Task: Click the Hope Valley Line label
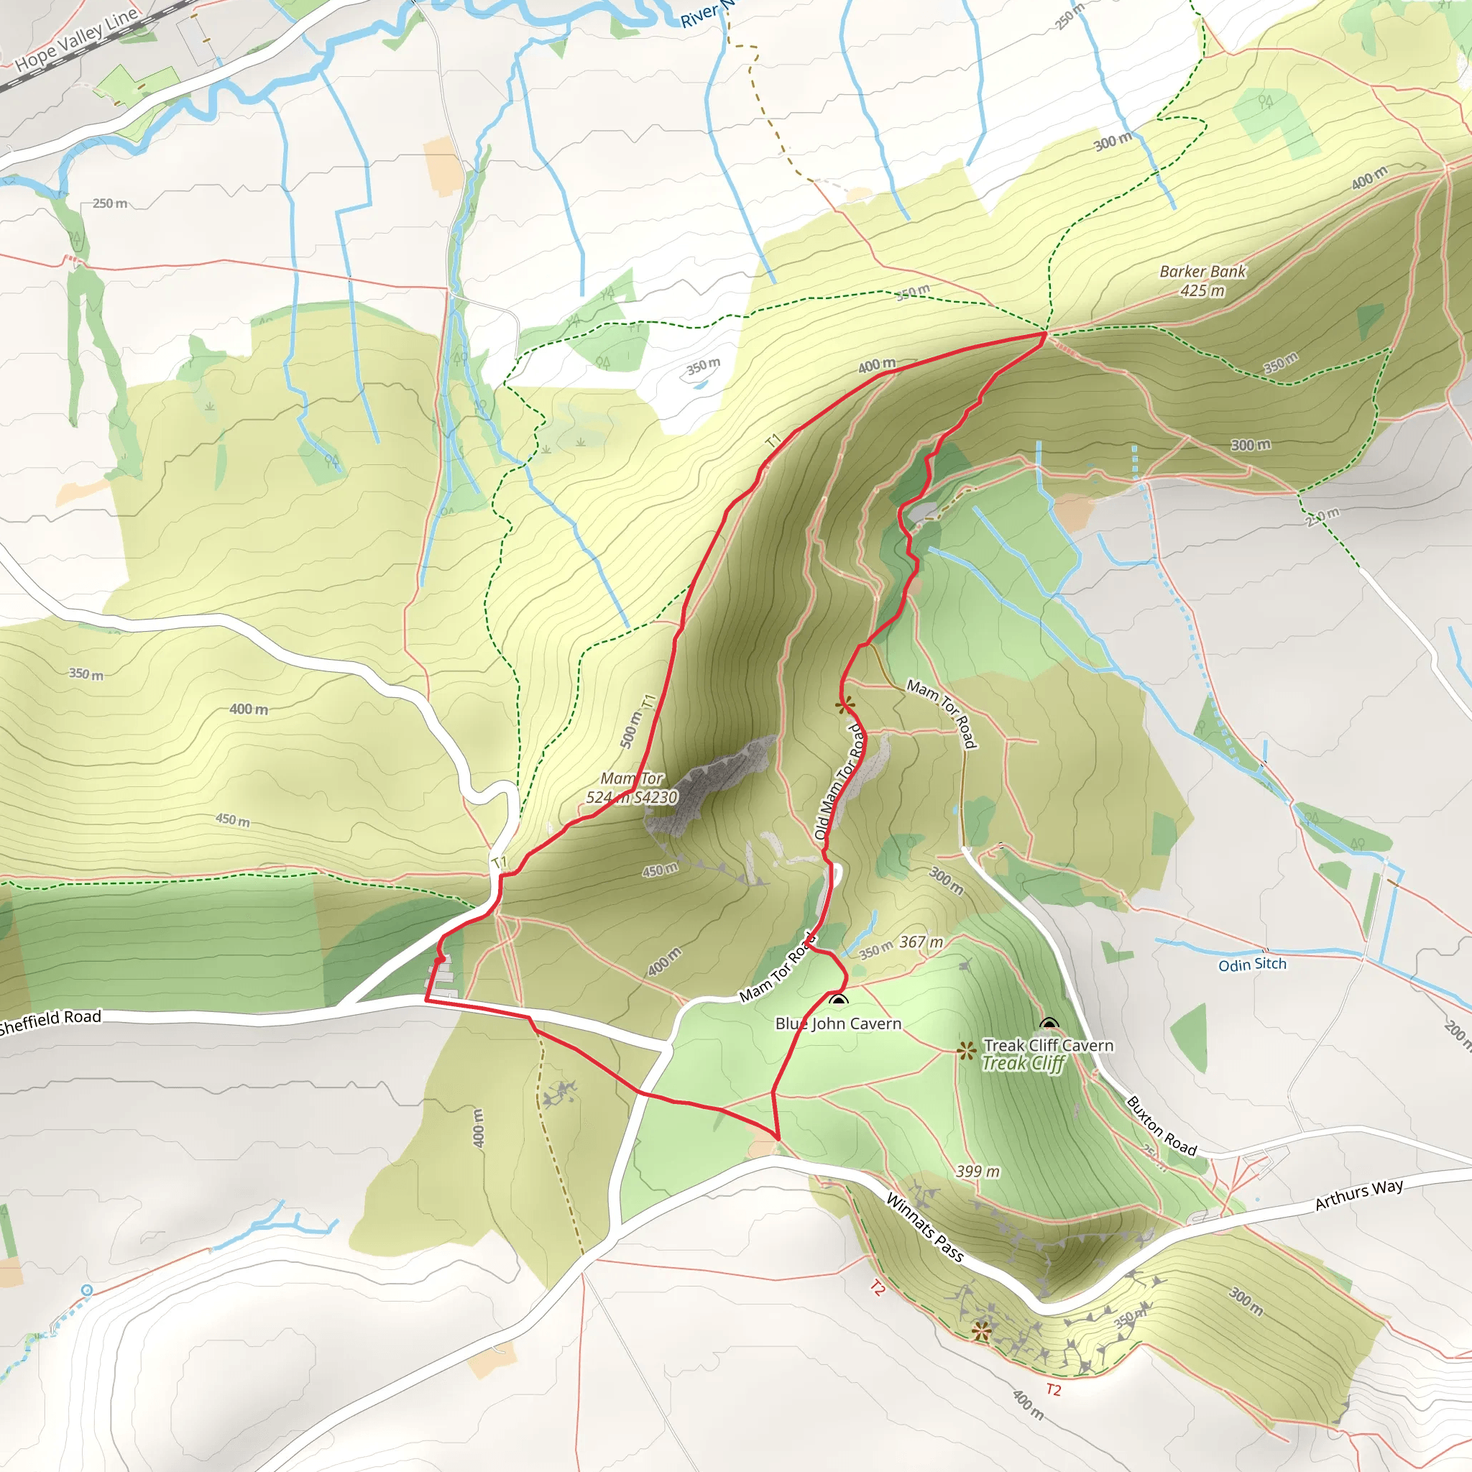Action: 76,40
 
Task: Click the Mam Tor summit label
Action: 632,788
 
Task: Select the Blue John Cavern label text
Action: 838,1024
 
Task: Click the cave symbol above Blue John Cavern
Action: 839,1001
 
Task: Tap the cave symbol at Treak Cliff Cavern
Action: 1049,1024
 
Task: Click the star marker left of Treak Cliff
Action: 967,1052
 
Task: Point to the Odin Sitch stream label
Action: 1252,965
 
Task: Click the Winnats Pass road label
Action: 925,1228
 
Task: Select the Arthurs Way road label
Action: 1359,1195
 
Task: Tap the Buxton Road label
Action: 1162,1126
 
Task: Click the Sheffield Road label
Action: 50,1021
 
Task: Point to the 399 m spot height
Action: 977,1171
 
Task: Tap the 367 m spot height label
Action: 921,942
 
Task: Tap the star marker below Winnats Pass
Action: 981,1331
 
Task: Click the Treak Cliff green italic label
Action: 1023,1064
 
